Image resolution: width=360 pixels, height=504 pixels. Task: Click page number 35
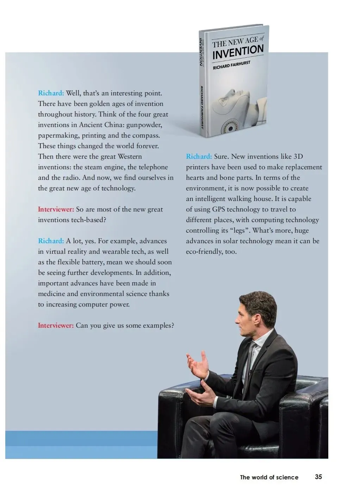point(318,477)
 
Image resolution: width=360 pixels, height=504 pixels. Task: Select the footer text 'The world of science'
point(269,477)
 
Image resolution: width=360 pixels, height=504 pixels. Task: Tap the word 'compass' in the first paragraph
point(145,136)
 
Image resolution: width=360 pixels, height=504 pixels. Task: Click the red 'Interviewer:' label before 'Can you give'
point(56,326)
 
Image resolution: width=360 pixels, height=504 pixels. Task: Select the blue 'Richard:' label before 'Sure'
point(199,157)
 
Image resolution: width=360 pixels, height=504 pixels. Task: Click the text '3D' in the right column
point(298,157)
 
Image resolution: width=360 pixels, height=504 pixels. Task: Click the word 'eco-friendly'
point(204,252)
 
